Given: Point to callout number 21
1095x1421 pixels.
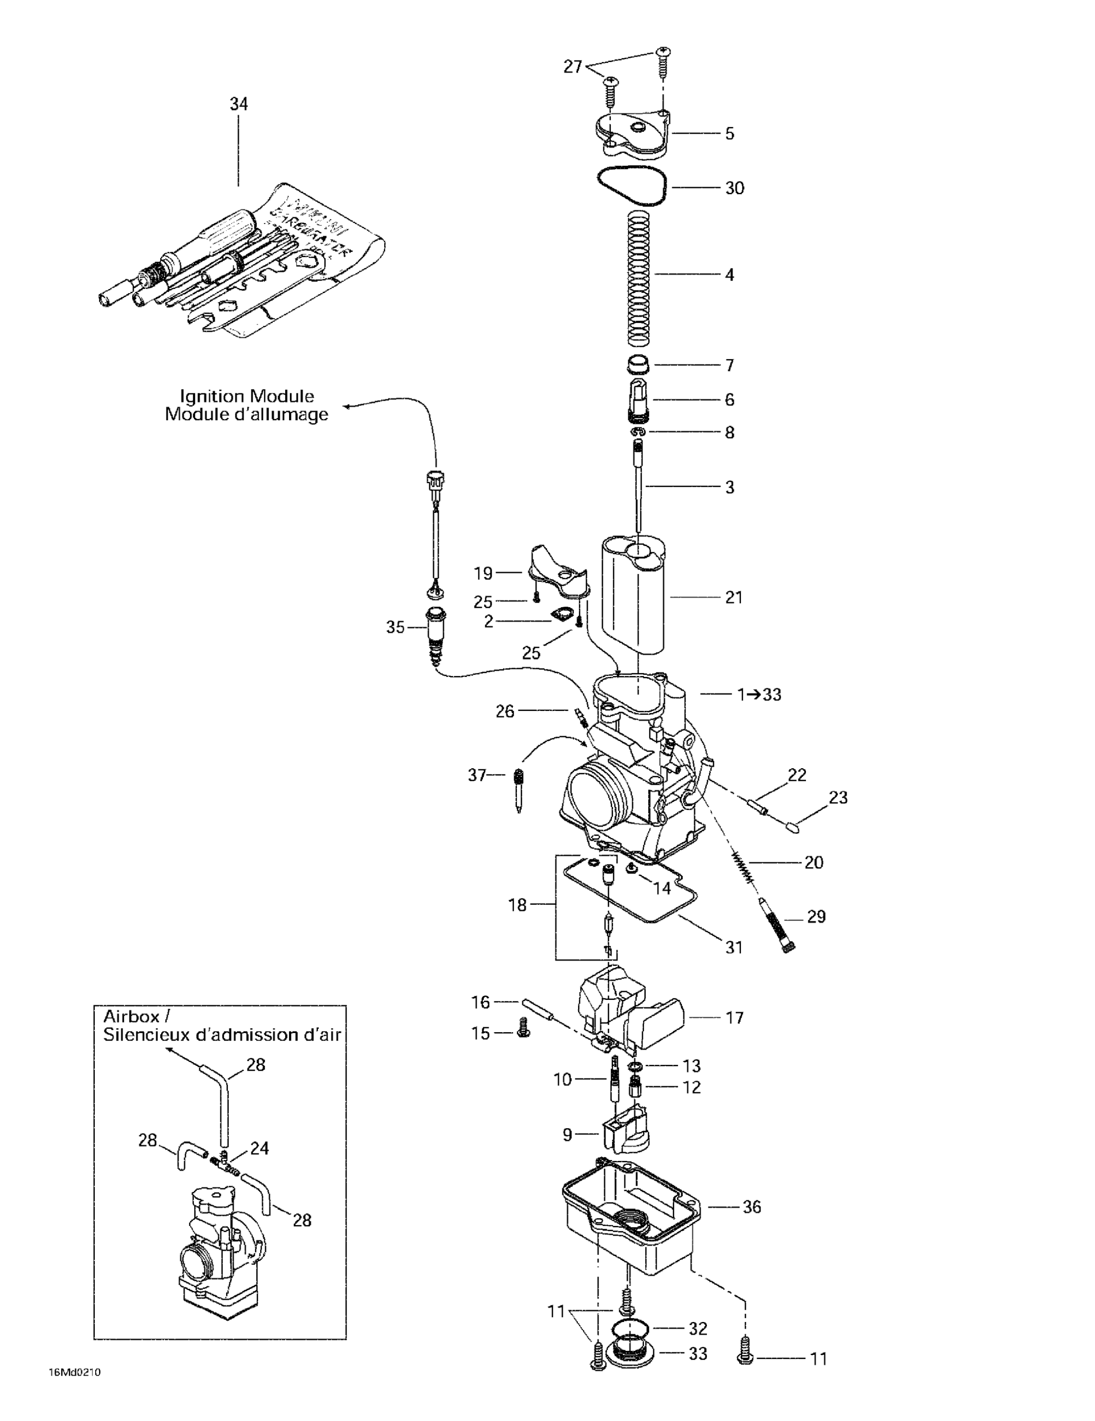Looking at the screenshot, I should [733, 597].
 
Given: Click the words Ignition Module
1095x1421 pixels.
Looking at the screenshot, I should [247, 396].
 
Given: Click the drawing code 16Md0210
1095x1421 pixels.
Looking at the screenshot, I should [74, 1373].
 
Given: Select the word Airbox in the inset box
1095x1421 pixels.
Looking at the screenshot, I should [131, 1016].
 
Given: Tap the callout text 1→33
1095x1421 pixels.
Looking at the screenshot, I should [759, 694].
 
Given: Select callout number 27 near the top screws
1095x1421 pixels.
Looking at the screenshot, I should [571, 66].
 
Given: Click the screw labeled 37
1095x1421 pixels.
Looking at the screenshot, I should [519, 789].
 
